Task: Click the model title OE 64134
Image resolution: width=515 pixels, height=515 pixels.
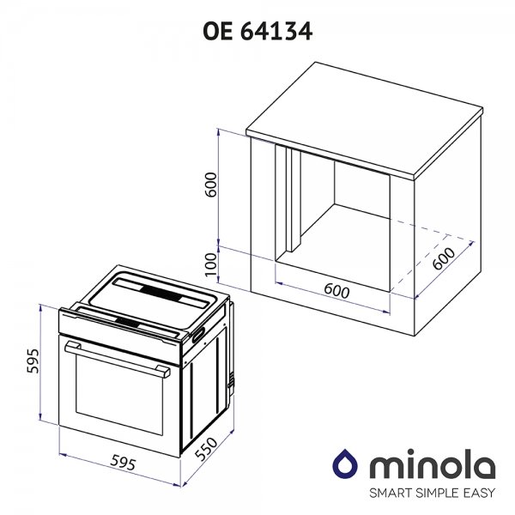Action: coord(257,32)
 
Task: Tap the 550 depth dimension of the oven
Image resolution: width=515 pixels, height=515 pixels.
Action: coord(206,448)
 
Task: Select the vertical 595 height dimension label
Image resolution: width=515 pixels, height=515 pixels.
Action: coord(33,361)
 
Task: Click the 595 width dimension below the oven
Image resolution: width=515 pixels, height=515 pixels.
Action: coord(123,463)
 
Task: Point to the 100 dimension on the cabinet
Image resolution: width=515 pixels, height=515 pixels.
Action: coord(211,264)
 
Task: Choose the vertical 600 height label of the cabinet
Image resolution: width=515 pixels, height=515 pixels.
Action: coord(211,185)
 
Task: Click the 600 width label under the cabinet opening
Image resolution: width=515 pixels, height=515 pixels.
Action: coord(336,291)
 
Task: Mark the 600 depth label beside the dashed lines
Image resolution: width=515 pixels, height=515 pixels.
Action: coord(444,258)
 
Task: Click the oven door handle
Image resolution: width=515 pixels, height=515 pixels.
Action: coord(118,359)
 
